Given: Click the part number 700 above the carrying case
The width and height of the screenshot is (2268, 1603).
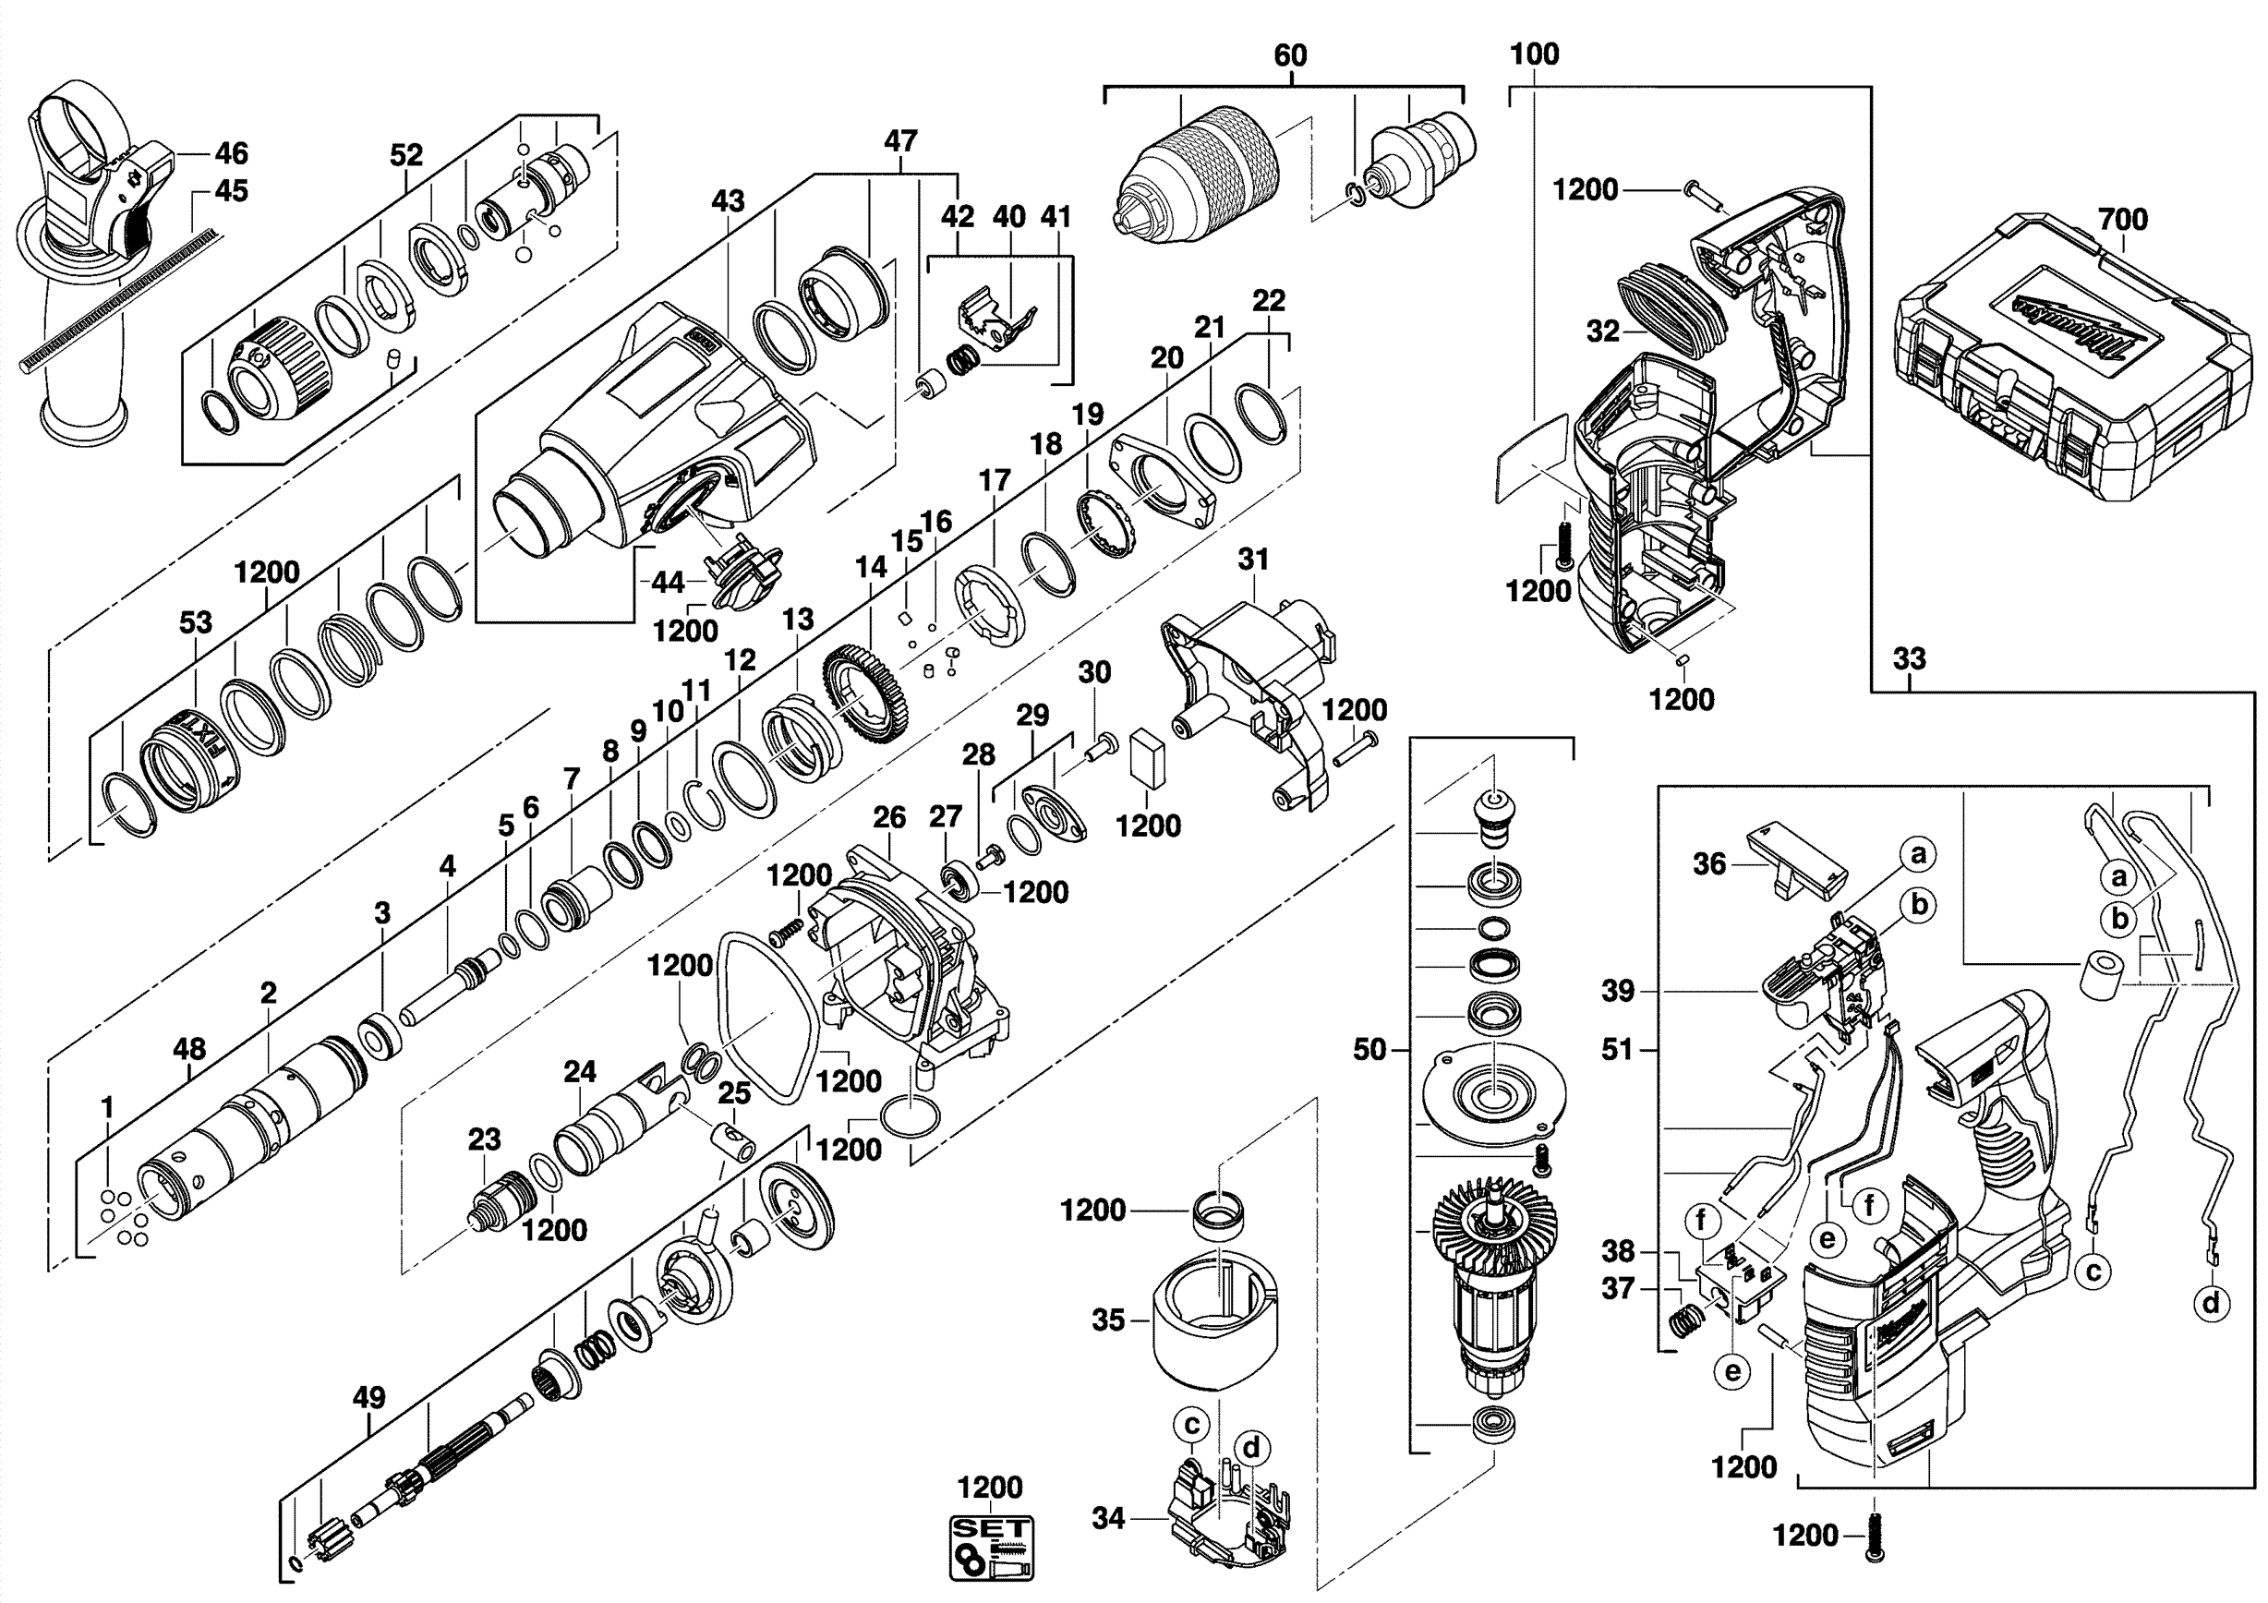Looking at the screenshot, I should (x=2123, y=219).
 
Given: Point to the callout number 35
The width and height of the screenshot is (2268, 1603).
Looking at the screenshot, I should (x=1108, y=1320).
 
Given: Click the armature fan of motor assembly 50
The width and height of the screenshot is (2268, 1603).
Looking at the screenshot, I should (x=1491, y=1235).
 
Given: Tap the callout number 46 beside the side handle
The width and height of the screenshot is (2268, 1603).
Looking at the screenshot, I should (x=231, y=153).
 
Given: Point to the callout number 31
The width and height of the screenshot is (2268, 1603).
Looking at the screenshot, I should (x=1252, y=559).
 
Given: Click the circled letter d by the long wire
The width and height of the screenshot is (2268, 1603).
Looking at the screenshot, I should (x=2211, y=1303).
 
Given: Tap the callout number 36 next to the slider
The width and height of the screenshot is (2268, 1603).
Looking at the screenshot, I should (x=1709, y=864).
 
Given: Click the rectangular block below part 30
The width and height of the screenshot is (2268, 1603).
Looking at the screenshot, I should (x=1148, y=757).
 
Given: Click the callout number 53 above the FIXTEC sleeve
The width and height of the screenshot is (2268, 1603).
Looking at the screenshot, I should (x=196, y=622).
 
